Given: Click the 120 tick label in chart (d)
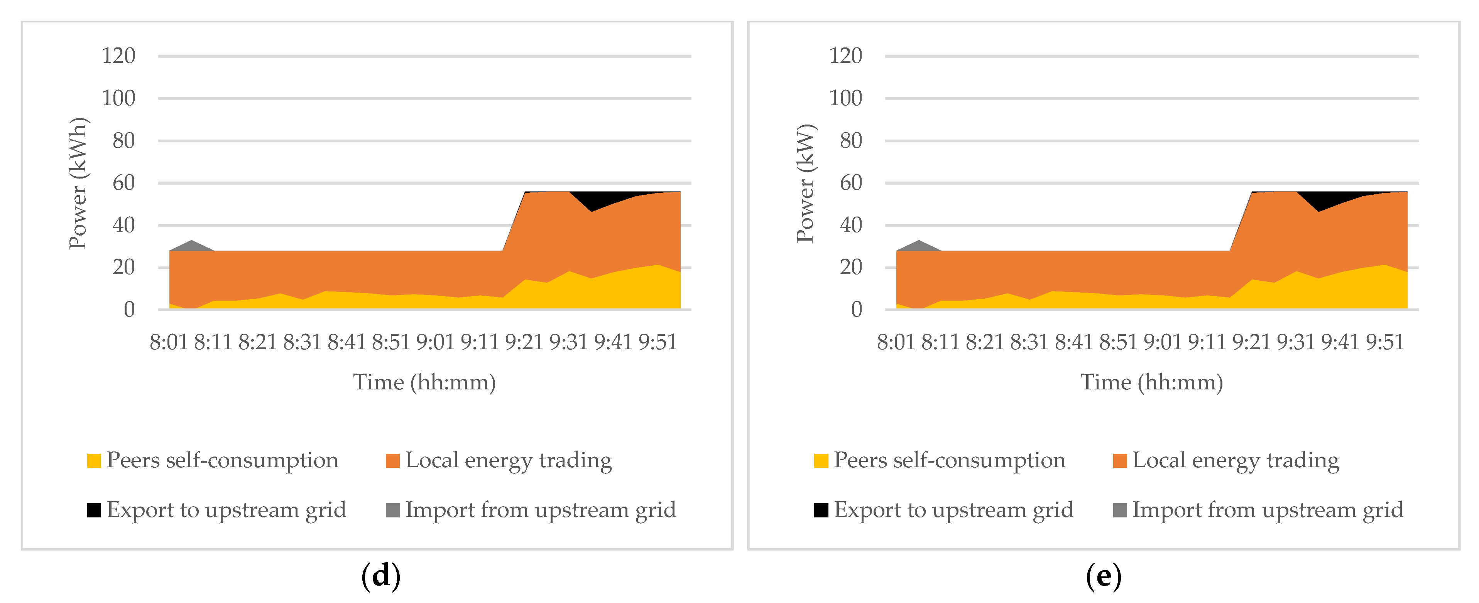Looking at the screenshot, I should (118, 56).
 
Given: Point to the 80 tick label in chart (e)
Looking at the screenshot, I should (851, 141).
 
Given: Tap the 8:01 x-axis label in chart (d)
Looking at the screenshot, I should (169, 342).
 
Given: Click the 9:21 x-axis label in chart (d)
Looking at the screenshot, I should (524, 342).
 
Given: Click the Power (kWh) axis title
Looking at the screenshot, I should (78, 184).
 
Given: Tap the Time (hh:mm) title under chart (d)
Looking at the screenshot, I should (424, 382).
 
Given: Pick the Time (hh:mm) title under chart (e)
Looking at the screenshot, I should (1152, 382).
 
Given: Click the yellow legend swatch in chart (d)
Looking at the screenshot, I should (94, 461).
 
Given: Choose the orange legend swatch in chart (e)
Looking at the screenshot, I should (1120, 461).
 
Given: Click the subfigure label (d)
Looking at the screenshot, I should (381, 576).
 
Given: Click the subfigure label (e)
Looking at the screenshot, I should (1104, 576).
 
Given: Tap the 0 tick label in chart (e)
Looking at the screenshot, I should (856, 310).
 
